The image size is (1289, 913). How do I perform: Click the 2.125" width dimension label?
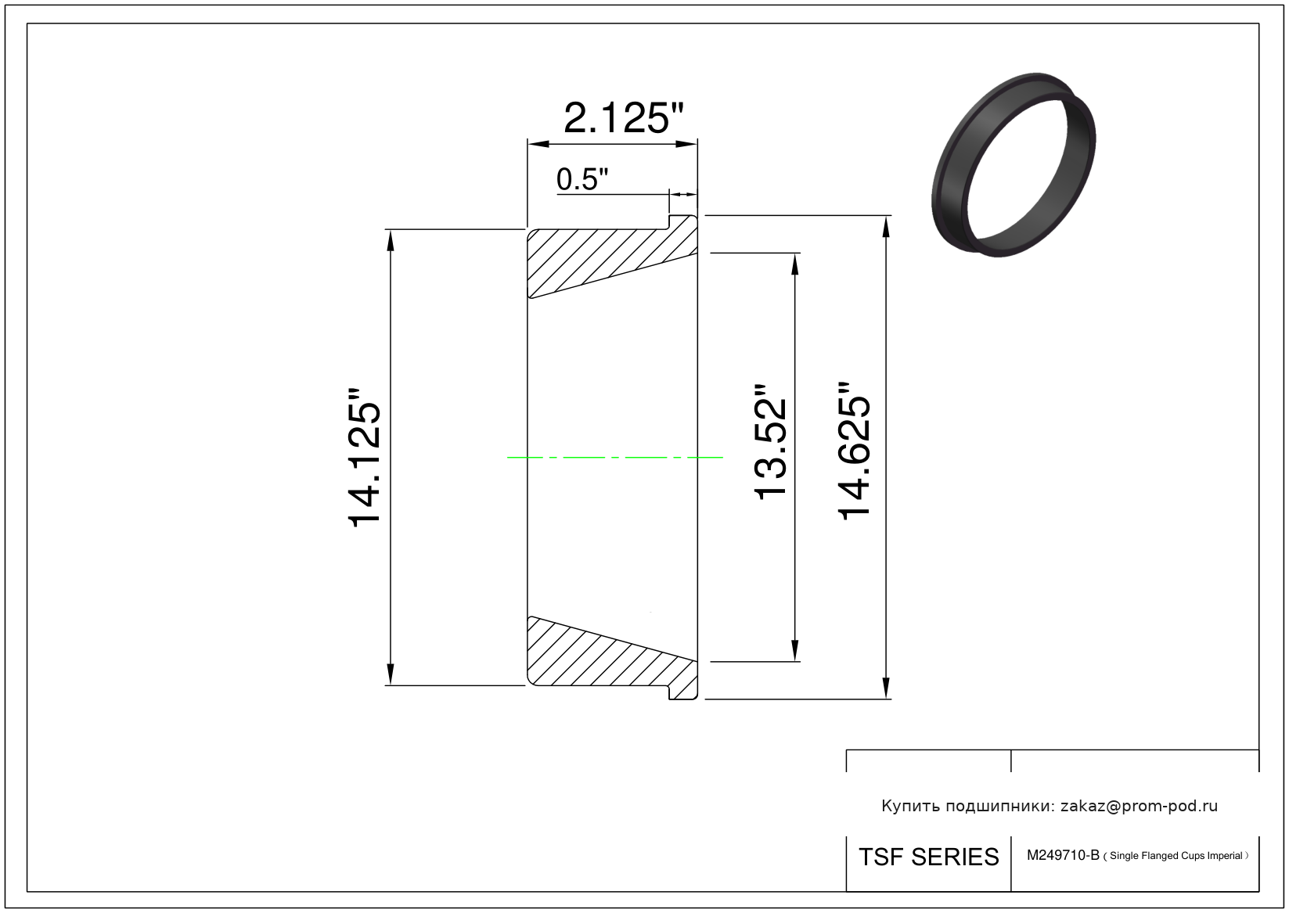tap(623, 118)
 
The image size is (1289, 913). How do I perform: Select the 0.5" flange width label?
tap(581, 179)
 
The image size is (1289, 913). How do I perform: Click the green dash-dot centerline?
tap(614, 458)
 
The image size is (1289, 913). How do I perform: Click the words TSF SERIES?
tap(929, 857)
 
